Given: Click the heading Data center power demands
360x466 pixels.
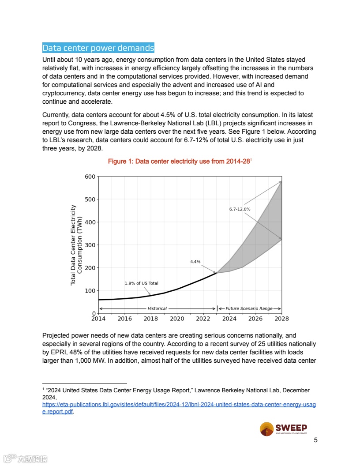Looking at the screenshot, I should pyautogui.click(x=98, y=48).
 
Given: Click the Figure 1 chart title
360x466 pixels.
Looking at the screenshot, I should pyautogui.click(x=179, y=162).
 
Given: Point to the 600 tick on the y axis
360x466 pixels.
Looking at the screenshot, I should pyautogui.click(x=90, y=177).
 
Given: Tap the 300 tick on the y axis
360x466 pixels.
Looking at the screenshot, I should pyautogui.click(x=90, y=245).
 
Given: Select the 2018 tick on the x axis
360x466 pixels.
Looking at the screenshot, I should pyautogui.click(x=151, y=318).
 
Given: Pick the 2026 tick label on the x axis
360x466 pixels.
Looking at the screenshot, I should pyautogui.click(x=255, y=318).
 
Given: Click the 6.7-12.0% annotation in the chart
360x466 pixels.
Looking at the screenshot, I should pyautogui.click(x=240, y=209).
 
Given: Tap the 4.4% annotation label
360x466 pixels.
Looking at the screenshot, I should pyautogui.click(x=195, y=262).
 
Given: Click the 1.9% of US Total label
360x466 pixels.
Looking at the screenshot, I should pyautogui.click(x=141, y=283).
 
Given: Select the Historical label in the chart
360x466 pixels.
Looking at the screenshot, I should pyautogui.click(x=157, y=308).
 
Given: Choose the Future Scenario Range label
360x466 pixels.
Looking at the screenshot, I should pyautogui.click(x=249, y=308).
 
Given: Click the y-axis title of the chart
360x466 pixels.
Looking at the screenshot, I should pyautogui.click(x=77, y=245).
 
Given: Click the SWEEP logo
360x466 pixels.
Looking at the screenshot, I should pyautogui.click(x=283, y=429).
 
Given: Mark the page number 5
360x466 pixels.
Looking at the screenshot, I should pyautogui.click(x=315, y=440).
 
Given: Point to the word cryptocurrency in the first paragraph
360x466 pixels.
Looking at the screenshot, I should pyautogui.click(x=63, y=94).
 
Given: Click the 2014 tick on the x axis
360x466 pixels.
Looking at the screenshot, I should pyautogui.click(x=98, y=318).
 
